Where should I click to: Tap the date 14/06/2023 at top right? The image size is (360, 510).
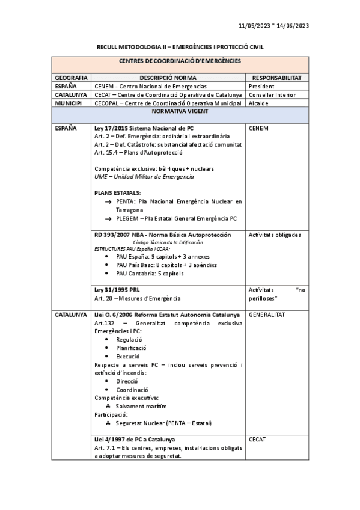click(293, 26)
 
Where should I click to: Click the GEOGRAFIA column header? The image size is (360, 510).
click(72, 78)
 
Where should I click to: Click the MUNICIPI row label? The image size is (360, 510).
click(69, 103)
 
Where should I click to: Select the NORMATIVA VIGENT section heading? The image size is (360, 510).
click(180, 112)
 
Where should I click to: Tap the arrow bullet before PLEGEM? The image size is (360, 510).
click(108, 218)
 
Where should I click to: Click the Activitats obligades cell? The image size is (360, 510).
click(275, 235)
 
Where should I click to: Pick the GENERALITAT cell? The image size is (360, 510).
click(266, 315)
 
